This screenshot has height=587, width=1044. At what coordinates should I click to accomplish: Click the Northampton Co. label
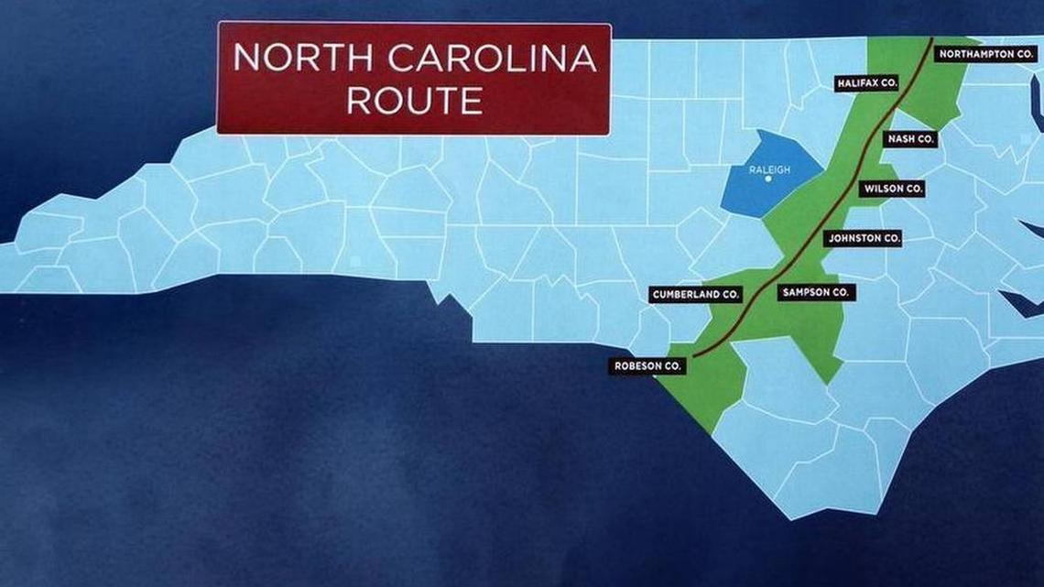[x=986, y=54]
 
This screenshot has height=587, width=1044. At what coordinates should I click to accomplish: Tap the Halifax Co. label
[x=866, y=83]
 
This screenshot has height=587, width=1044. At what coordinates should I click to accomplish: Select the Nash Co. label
[x=911, y=139]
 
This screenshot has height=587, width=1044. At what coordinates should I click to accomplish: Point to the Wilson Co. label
[x=892, y=189]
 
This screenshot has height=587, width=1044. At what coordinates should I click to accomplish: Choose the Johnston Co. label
[x=865, y=238]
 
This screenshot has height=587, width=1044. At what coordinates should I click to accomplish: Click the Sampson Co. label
[x=817, y=293]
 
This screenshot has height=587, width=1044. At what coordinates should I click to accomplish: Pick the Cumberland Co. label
[x=695, y=295]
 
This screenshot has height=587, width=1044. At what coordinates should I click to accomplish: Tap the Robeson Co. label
[x=648, y=365]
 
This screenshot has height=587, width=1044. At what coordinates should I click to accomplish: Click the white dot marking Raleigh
[x=768, y=179]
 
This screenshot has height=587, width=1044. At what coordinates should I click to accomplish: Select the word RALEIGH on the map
[x=768, y=169]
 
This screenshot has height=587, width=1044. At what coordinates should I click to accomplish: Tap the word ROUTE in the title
[x=414, y=100]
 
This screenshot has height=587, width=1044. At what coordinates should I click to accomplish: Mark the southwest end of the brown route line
[x=693, y=355]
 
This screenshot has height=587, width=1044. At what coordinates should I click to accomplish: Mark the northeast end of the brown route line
[x=931, y=39]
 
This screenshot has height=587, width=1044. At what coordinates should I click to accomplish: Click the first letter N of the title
[x=245, y=59]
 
